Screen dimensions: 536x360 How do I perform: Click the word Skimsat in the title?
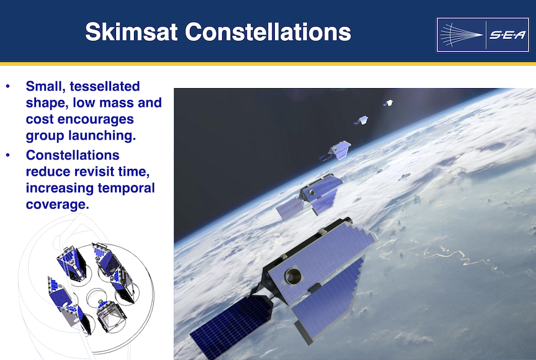click(132, 32)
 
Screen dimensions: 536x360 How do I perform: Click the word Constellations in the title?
click(268, 32)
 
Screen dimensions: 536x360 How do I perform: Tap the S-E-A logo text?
click(507, 35)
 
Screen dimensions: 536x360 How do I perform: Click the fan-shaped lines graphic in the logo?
click(461, 35)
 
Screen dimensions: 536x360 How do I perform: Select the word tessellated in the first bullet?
click(105, 86)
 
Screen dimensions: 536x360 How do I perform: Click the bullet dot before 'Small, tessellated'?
click(8, 86)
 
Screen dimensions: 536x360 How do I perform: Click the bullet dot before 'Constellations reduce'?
click(8, 155)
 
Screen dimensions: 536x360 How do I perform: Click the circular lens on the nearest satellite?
click(293, 276)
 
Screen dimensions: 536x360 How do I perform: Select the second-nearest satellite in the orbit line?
click(310, 196)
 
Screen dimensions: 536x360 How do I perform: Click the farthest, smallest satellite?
click(388, 103)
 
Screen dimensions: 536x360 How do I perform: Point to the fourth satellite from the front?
click(361, 120)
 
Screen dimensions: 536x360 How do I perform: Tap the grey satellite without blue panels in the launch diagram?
click(111, 315)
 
